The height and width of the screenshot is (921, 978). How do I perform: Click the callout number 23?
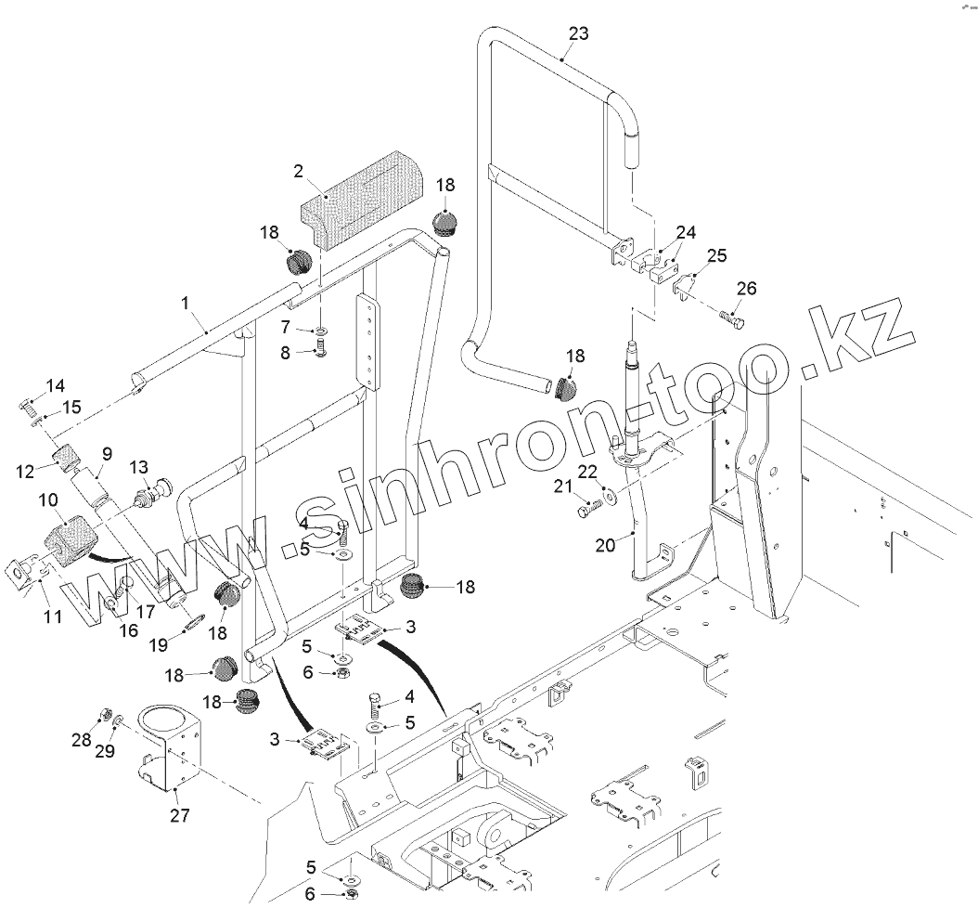[578, 34]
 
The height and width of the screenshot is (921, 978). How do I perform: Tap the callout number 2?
[299, 171]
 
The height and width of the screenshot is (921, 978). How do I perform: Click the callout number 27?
[179, 815]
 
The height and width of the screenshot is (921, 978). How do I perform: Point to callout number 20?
[604, 545]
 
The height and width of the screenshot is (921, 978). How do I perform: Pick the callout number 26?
[745, 289]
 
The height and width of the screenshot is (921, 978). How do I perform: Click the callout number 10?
[47, 500]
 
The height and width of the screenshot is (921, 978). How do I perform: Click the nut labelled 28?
[105, 715]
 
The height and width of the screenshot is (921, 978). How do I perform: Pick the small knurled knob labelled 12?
[65, 458]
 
